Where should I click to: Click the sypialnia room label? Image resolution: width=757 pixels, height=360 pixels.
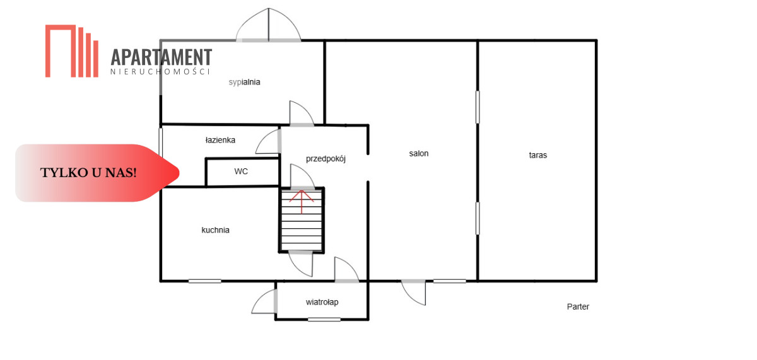point(244,83)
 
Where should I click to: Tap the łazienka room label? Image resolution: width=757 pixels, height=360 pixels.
point(220,140)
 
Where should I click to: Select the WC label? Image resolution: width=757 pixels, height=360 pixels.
point(241,171)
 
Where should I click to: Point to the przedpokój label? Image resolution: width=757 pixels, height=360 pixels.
point(326,159)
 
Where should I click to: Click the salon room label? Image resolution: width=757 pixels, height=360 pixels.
point(419,153)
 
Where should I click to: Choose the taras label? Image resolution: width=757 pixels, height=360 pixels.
point(537,155)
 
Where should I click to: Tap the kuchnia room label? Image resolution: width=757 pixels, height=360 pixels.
point(215,230)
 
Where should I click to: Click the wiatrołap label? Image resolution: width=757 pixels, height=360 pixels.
point(322,302)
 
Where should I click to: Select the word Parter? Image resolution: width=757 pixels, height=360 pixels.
point(578,306)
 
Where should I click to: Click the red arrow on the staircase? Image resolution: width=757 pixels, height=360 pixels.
point(302,202)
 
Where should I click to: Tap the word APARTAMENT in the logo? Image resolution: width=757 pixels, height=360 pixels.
point(161,57)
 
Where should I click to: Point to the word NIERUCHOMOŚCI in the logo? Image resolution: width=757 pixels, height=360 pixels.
point(160,72)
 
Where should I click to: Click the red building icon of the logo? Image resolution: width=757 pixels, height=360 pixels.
point(72,51)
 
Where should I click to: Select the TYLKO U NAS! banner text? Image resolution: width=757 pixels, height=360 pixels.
point(88,173)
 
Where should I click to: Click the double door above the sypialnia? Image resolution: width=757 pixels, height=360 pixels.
point(268,25)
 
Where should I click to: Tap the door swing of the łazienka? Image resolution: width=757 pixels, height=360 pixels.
point(268,141)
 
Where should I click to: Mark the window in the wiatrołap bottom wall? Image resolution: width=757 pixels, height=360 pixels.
point(324,320)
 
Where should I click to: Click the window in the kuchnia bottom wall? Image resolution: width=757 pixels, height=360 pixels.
point(205,281)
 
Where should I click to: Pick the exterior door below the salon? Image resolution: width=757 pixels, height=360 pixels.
point(413,293)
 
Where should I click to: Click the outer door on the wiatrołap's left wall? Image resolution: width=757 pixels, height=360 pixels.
point(264,301)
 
